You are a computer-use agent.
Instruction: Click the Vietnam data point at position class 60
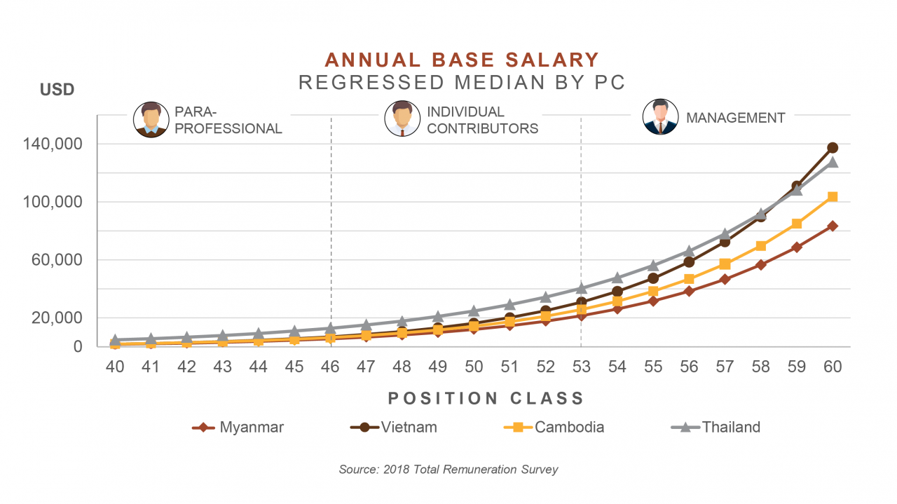(x=833, y=148)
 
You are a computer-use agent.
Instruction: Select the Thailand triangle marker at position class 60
(x=833, y=163)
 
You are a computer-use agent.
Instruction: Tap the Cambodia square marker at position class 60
(x=833, y=197)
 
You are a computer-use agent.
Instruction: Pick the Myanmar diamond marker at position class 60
(x=833, y=226)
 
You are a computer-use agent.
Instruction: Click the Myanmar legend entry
(x=238, y=427)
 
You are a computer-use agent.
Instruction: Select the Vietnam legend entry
(x=396, y=427)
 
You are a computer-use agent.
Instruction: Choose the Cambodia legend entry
(x=554, y=427)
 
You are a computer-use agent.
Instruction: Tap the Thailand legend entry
(x=715, y=427)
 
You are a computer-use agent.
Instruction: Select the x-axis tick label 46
(x=330, y=367)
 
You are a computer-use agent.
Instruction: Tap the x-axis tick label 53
(x=581, y=367)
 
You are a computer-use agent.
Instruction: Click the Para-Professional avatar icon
(x=151, y=119)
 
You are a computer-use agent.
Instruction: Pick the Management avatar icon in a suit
(x=660, y=117)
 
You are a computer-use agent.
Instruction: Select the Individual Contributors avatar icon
(x=402, y=118)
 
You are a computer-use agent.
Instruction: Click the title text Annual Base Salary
(x=462, y=60)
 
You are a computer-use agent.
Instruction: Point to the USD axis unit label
(x=57, y=90)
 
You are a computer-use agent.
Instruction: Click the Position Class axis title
(x=486, y=398)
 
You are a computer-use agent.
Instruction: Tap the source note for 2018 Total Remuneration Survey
(x=448, y=469)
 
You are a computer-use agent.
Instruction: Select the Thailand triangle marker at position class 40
(x=115, y=340)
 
